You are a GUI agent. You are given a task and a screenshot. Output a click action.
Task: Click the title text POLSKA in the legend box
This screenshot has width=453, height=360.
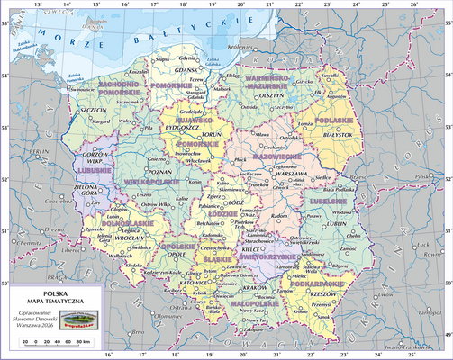(x=56, y=292)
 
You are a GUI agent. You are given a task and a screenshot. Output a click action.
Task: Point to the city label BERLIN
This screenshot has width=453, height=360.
(x=40, y=153)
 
